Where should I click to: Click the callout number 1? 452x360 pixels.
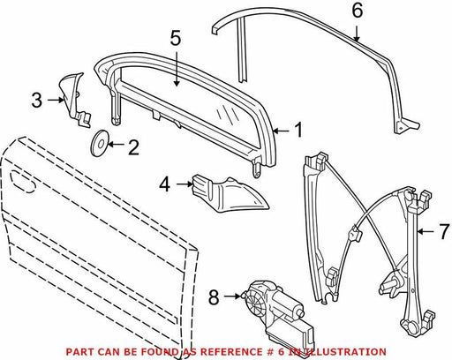coord(298,130)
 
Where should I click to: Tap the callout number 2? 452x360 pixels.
coord(133,147)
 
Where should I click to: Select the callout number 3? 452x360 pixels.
coord(37,100)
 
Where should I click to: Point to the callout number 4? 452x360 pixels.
coord(165,184)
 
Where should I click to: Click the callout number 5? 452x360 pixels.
coord(176,38)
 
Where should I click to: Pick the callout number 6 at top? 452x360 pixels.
coord(358,11)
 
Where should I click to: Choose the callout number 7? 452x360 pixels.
coord(445,231)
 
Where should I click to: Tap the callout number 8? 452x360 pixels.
coord(214,296)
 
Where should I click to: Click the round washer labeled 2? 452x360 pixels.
coord(100,144)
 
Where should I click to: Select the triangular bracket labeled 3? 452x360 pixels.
coord(74,99)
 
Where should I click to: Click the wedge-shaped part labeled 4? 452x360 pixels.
coord(229,193)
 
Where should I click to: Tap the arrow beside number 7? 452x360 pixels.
coord(426,232)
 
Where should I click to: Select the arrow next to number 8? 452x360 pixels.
coord(232,296)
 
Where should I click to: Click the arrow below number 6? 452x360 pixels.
coord(357,34)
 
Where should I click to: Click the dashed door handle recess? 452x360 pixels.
coord(23,182)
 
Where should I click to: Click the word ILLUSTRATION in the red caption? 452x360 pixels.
coord(344,352)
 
